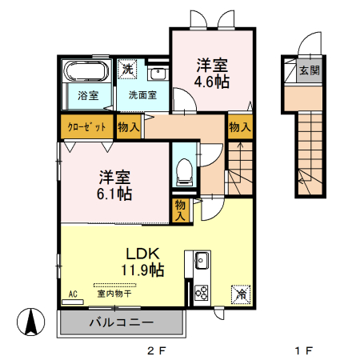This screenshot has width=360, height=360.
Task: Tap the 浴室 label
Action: point(88,96)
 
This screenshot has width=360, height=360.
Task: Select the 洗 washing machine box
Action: point(128,69)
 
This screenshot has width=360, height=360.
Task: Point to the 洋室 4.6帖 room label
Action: point(211,72)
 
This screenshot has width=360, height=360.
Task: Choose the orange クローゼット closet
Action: point(84,127)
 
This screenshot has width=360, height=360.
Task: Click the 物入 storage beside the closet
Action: point(129,127)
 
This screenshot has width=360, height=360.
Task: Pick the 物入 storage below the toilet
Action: point(180,210)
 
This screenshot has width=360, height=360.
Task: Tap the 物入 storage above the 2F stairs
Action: point(238,127)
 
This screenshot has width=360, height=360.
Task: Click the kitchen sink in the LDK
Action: point(200,261)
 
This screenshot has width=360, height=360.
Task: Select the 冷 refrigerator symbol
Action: point(238,294)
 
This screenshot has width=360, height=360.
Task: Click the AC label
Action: point(74,294)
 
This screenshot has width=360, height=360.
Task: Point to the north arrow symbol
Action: point(31,322)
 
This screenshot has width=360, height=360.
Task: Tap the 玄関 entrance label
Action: point(309,70)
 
